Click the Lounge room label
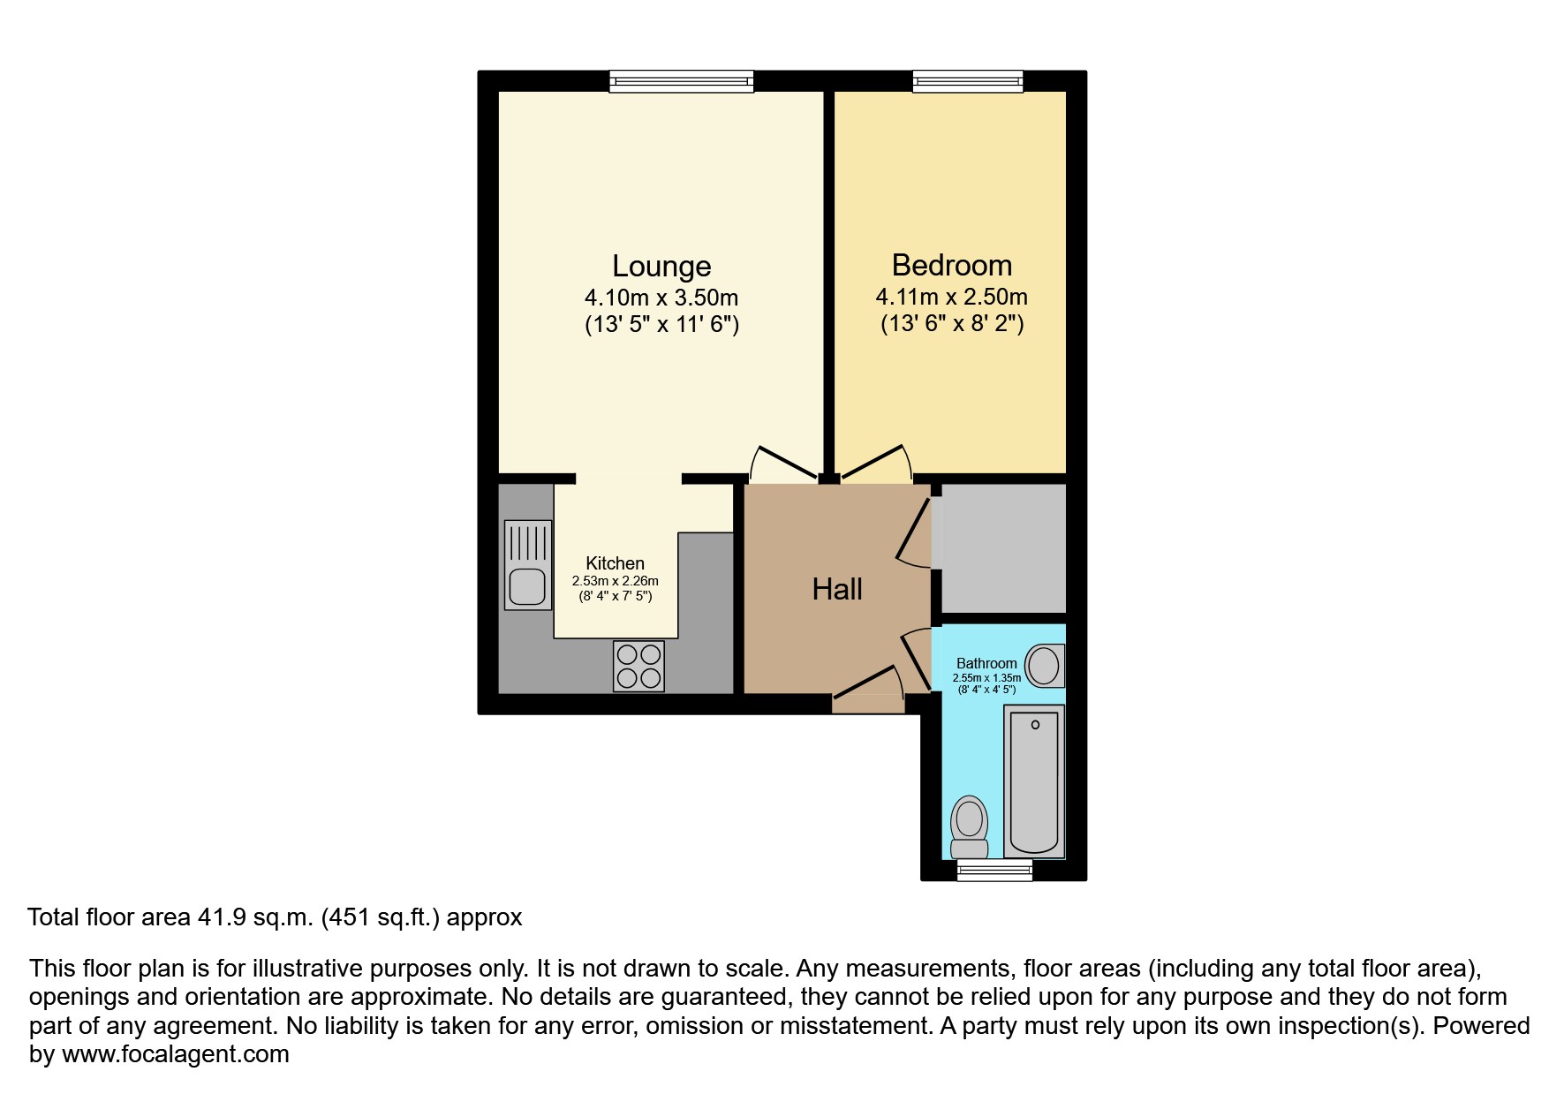tap(661, 266)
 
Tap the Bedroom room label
tap(952, 265)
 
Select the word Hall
tap(837, 589)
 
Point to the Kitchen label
tap(616, 563)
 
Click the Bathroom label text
tap(986, 663)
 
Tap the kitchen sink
tap(528, 565)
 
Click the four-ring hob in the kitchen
tap(638, 666)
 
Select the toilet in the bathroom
tap(969, 827)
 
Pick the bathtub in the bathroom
tap(1034, 781)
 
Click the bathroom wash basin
tap(1045, 666)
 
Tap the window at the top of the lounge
tap(681, 81)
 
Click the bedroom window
tap(968, 81)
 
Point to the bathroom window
tap(995, 871)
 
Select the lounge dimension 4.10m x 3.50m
tap(661, 298)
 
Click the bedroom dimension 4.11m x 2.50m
tap(952, 297)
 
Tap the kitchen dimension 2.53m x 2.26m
tap(616, 581)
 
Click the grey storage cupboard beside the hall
tap(1003, 547)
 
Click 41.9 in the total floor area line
tap(213, 917)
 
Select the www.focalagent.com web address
tap(176, 1054)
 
